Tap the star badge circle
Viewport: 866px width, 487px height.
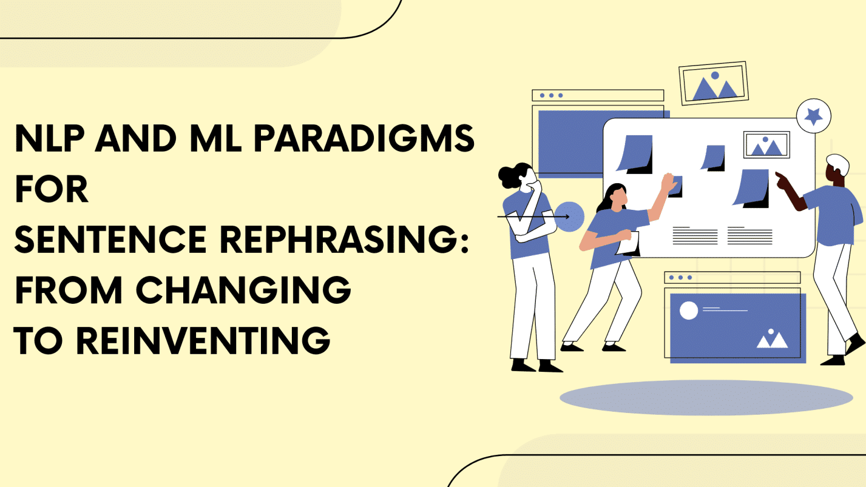(x=813, y=115)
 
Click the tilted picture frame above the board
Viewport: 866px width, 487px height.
(x=713, y=84)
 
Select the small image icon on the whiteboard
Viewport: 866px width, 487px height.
(x=766, y=145)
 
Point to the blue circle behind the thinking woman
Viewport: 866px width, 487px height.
(x=569, y=217)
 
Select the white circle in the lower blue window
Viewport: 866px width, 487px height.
(x=689, y=311)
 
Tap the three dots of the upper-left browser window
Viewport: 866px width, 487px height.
(x=550, y=95)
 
